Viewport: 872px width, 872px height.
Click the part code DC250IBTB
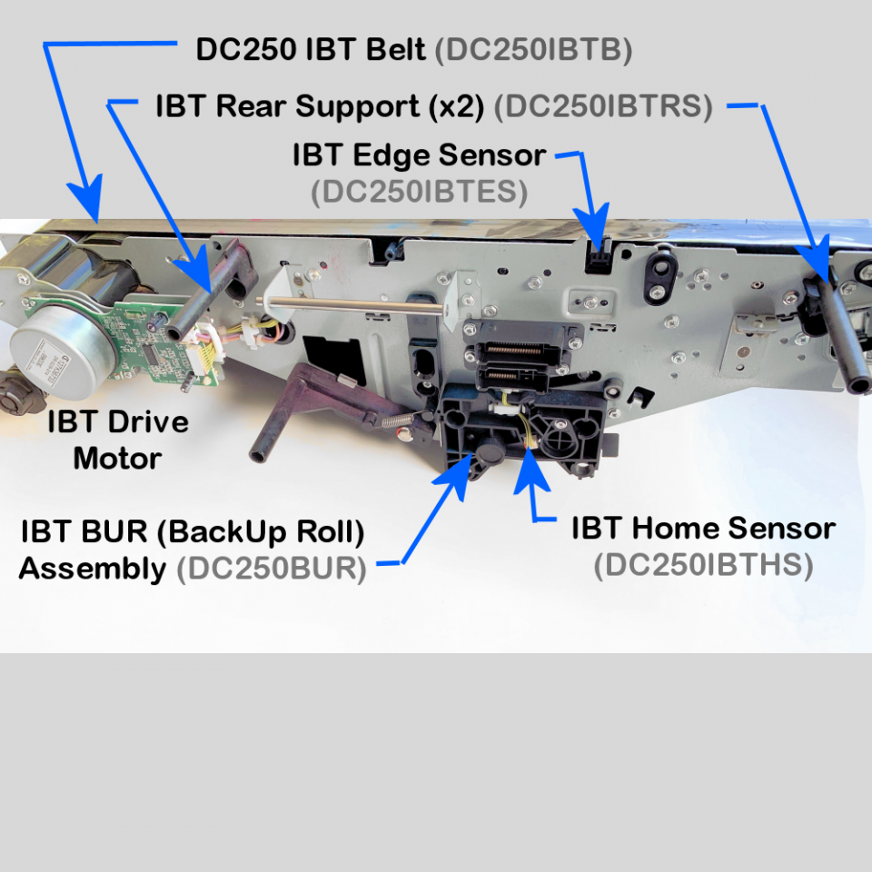532,49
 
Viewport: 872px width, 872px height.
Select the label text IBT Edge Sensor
419,155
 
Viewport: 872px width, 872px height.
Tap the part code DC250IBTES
419,193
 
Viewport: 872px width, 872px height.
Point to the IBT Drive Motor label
118,440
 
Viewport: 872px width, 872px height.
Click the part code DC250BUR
272,570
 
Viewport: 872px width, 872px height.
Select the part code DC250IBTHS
703,566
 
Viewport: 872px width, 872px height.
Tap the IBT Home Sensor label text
703,528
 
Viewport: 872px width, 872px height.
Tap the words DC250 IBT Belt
311,49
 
